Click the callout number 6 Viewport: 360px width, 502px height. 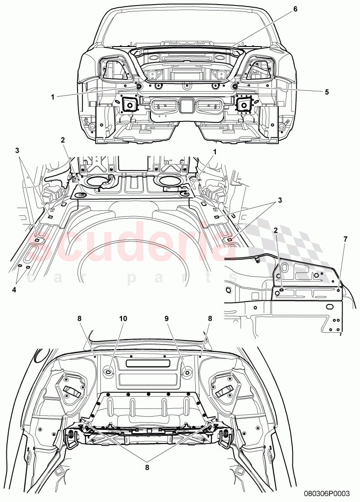(x=295, y=9)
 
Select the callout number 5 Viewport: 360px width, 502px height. (x=327, y=91)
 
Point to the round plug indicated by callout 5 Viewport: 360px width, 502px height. (x=235, y=86)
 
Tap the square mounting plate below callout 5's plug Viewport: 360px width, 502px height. (x=244, y=105)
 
